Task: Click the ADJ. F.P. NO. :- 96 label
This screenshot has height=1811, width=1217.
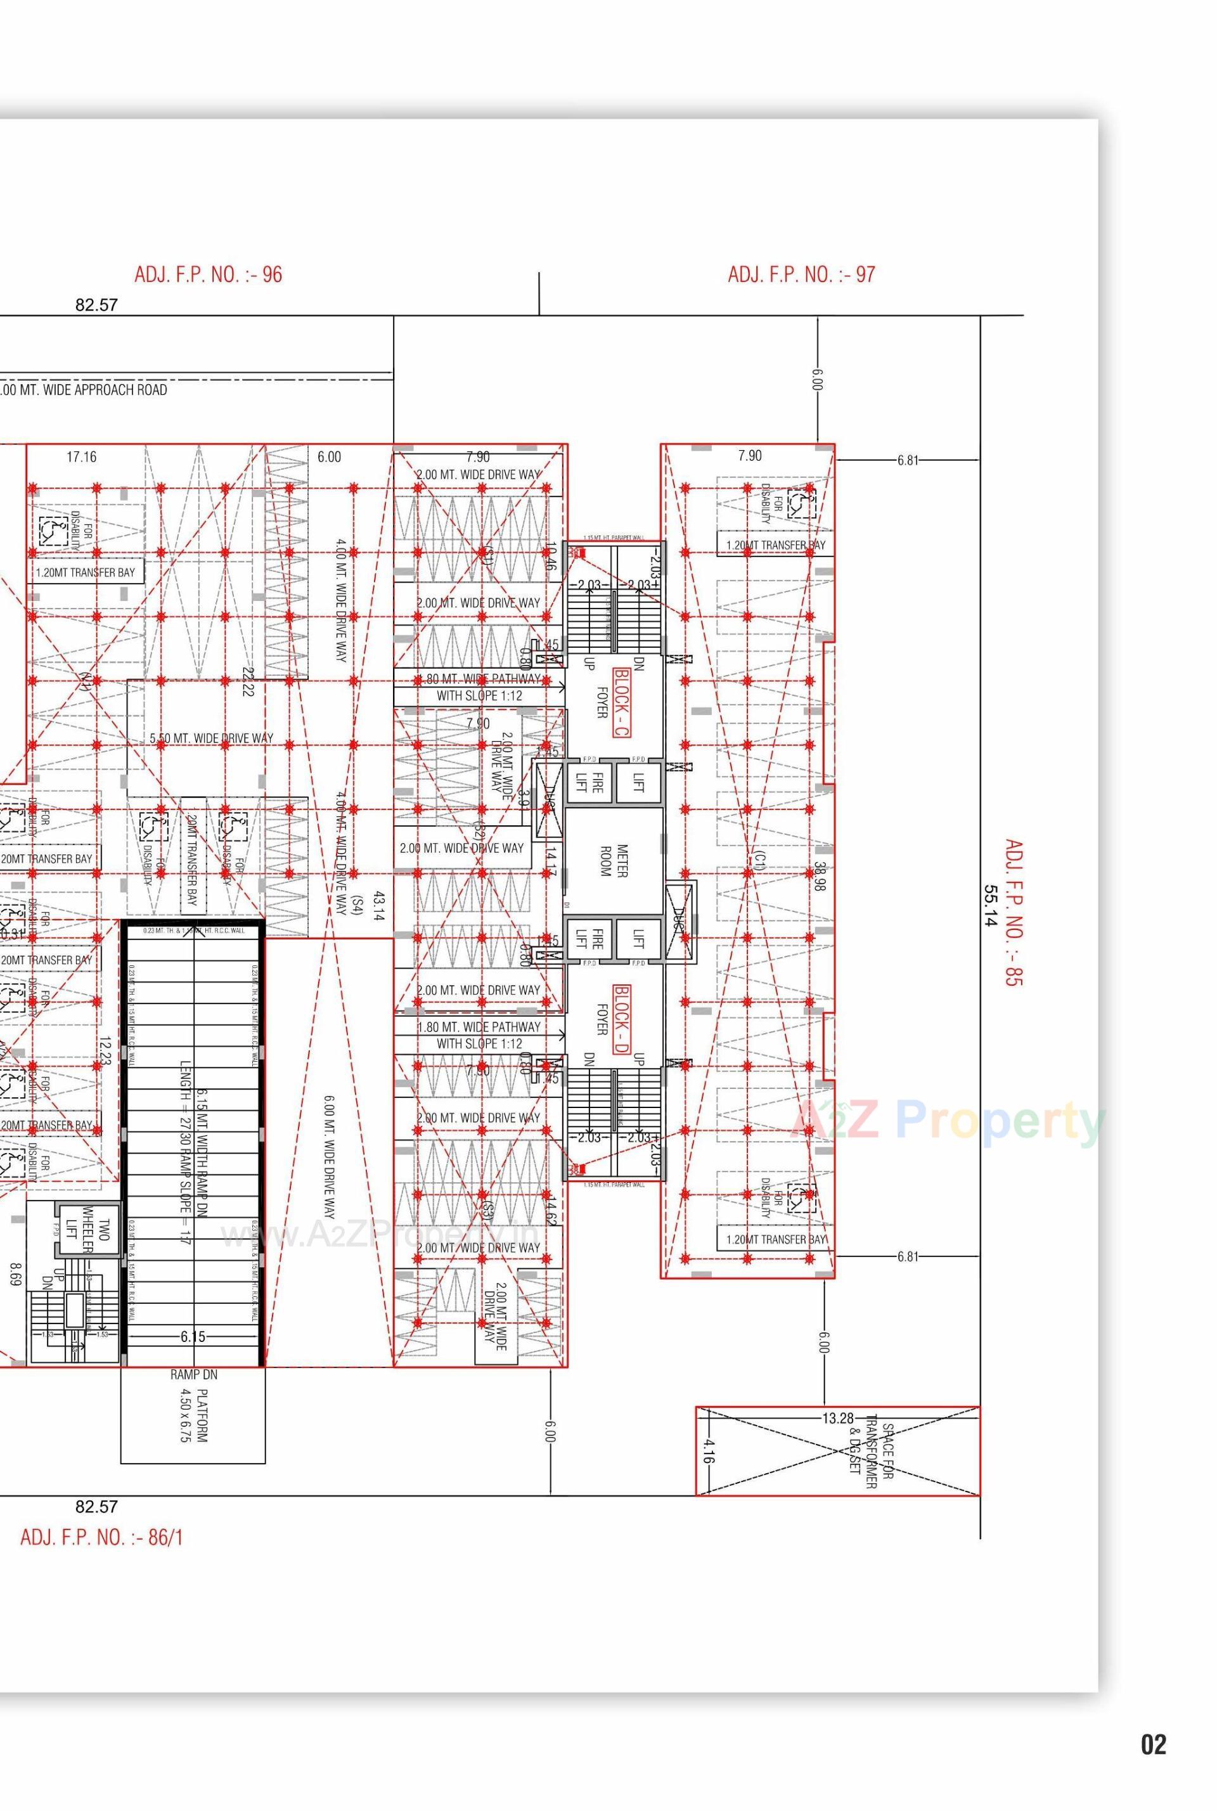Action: (x=208, y=275)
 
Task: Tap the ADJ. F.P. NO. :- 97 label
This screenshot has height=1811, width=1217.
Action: (x=801, y=275)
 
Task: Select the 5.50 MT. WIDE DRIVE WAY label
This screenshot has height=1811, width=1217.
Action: (x=211, y=738)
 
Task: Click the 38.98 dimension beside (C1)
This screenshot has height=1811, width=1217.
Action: (x=819, y=875)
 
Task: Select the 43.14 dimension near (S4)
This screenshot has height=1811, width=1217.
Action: (x=379, y=906)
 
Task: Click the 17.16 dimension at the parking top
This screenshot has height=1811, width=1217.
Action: (x=82, y=456)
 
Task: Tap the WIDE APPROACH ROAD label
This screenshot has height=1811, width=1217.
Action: (x=84, y=390)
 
